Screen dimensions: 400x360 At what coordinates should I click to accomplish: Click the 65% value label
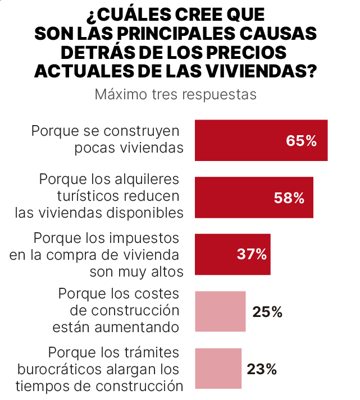[301, 141]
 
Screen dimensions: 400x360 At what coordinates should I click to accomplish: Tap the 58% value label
[289, 198]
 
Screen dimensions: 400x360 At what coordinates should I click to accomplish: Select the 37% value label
[251, 255]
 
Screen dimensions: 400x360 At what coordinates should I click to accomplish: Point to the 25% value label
[267, 312]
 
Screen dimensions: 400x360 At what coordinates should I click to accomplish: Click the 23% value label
[262, 369]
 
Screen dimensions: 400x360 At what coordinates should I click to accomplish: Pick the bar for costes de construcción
[220, 311]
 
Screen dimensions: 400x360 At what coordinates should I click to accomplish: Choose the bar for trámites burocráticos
[218, 369]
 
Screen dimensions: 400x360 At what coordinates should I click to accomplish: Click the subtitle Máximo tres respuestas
[175, 94]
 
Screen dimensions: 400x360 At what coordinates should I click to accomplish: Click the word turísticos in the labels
[89, 196]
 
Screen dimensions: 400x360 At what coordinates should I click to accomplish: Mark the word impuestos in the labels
[145, 238]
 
